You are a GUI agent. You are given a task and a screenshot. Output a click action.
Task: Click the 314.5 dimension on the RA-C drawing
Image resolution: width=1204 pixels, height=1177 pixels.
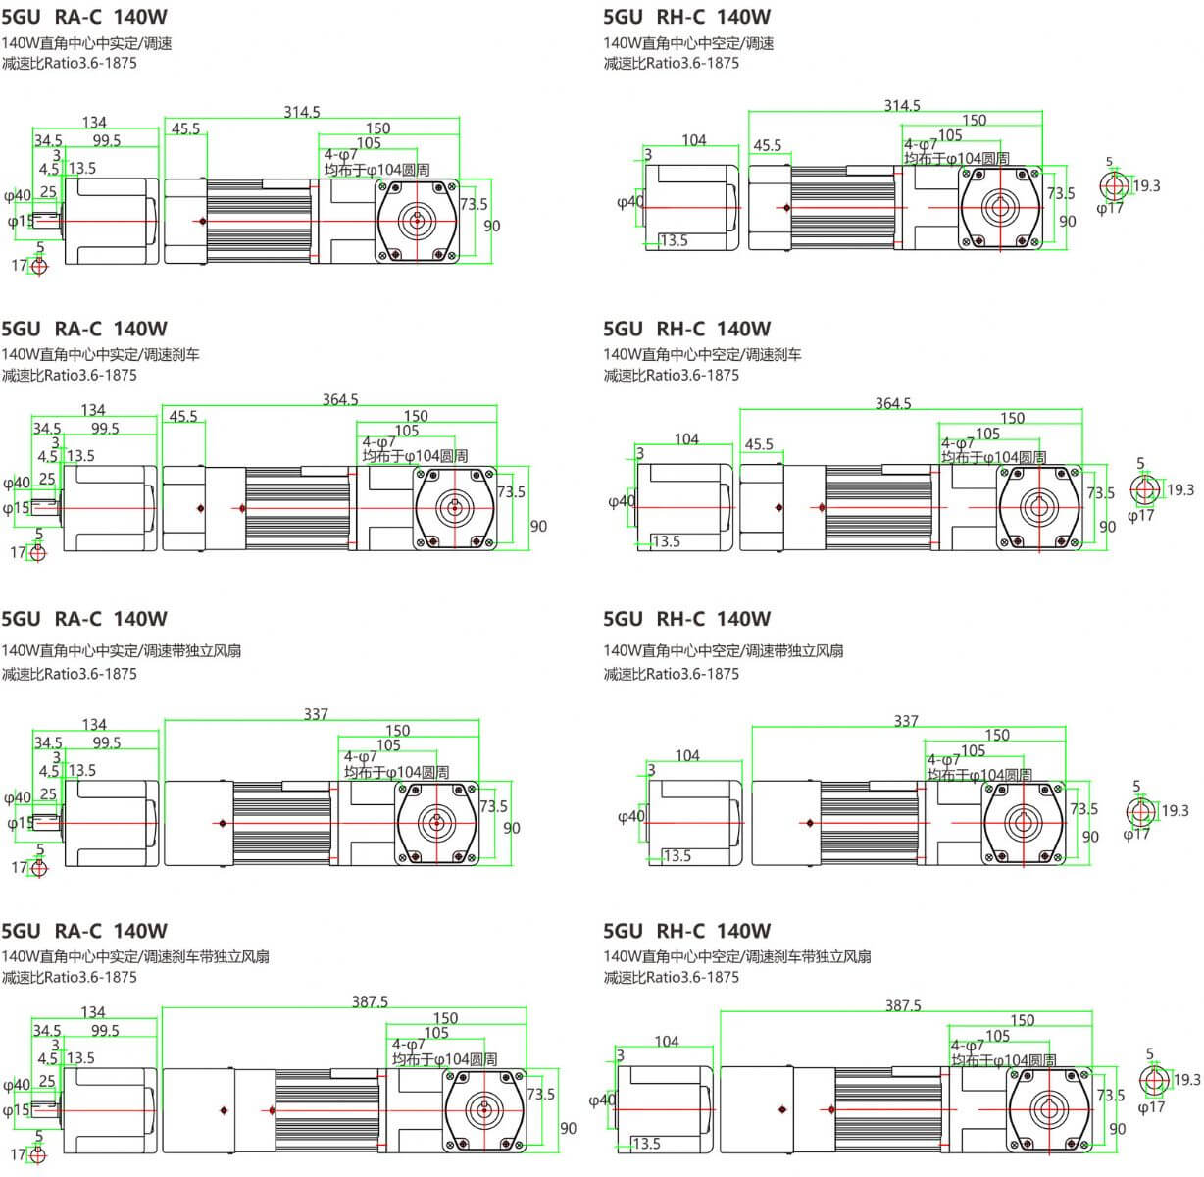(x=302, y=112)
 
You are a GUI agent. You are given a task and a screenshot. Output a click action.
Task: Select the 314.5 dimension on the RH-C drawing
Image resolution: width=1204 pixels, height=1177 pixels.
(x=902, y=105)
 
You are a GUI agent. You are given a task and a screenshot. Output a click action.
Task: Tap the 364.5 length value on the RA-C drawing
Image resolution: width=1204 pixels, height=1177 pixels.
(x=340, y=399)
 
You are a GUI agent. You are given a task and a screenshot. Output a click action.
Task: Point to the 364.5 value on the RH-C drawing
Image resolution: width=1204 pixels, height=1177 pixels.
(x=893, y=403)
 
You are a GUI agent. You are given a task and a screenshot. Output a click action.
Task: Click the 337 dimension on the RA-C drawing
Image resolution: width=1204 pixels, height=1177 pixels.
(x=316, y=714)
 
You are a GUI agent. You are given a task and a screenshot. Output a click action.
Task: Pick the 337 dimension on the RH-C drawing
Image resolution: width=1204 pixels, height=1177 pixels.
(x=906, y=721)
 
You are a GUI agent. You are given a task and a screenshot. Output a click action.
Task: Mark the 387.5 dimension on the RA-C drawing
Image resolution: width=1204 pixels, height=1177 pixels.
(x=370, y=1001)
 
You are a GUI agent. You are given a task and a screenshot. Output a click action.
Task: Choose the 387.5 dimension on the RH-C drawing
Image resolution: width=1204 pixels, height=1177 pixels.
(x=903, y=1005)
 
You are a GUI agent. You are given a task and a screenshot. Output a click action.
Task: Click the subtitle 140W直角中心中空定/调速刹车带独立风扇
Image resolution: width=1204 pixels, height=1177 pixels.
(x=737, y=956)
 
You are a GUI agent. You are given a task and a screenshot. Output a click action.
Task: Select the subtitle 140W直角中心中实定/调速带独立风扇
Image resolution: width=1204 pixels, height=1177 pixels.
(x=122, y=650)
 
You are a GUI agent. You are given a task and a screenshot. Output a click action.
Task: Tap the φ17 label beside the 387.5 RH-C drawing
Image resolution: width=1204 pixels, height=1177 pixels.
(x=1151, y=1107)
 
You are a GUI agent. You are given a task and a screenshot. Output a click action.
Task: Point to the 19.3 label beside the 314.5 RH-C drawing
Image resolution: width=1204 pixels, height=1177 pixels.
(x=1146, y=185)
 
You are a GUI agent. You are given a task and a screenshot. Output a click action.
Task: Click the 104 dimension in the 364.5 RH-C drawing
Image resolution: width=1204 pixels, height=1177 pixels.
(x=686, y=438)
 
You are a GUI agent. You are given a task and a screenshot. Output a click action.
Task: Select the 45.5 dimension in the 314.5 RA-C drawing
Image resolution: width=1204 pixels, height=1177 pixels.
(x=185, y=128)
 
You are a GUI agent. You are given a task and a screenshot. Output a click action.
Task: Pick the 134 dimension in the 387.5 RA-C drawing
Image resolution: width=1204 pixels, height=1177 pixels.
(x=93, y=1011)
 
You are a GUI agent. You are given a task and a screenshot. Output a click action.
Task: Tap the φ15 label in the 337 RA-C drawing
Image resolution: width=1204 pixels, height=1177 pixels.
(x=20, y=823)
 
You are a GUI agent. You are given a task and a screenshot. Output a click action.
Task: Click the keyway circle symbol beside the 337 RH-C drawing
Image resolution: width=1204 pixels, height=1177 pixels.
(x=1139, y=811)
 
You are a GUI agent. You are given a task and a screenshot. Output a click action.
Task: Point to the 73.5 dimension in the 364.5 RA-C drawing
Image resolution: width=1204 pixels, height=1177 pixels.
(x=511, y=491)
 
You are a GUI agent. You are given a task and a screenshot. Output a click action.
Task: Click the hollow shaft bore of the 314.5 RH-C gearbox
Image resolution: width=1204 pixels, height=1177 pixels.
(x=999, y=207)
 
